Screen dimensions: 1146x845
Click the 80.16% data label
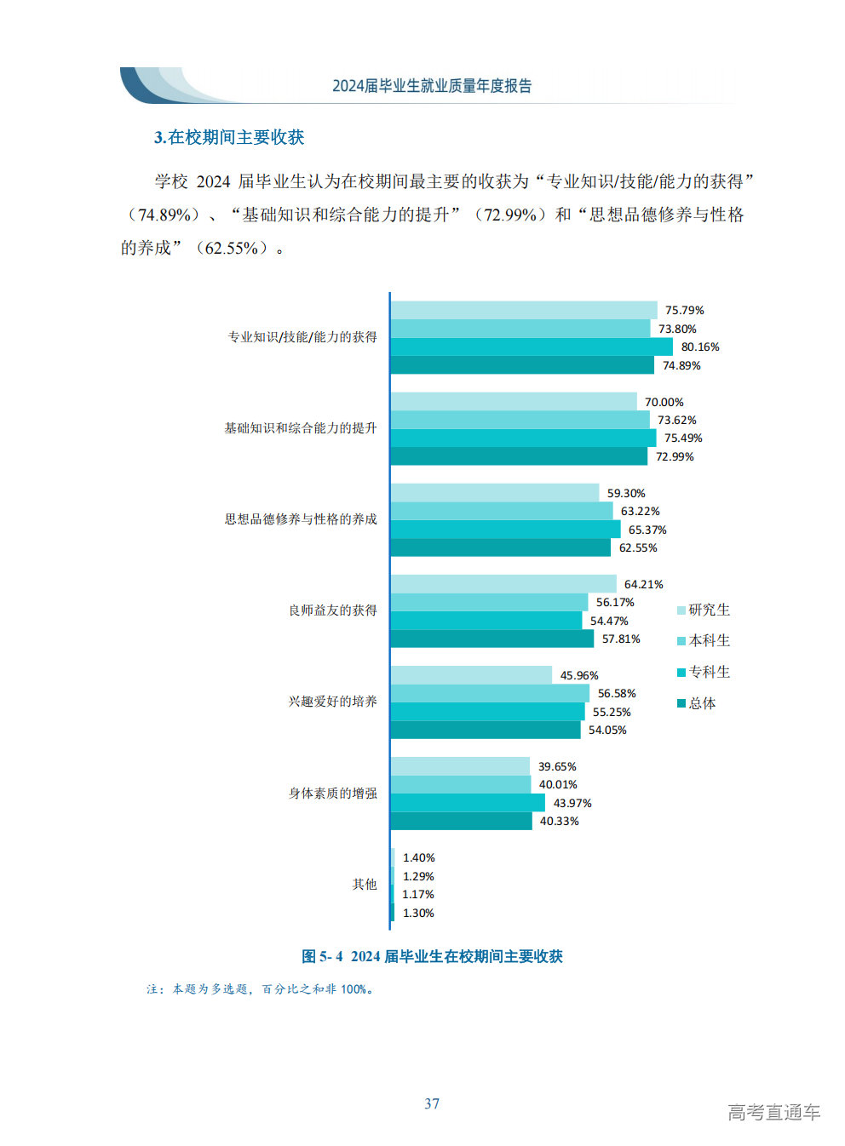tap(699, 347)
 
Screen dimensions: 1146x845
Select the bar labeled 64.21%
tap(503, 584)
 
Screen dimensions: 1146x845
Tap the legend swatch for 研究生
tap(681, 610)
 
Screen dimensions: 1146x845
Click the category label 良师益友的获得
tap(332, 610)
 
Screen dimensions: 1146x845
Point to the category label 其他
tap(365, 885)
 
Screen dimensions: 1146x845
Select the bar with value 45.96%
tap(471, 675)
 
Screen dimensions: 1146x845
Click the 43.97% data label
tap(572, 803)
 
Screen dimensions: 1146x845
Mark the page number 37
tap(432, 1103)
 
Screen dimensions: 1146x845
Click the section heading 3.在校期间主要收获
tap(229, 137)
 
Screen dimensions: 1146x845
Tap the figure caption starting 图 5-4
tap(432, 956)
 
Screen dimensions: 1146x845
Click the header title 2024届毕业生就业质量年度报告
tap(432, 86)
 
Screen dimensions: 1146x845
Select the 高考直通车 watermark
tap(773, 1112)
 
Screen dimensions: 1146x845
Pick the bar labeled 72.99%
tap(519, 456)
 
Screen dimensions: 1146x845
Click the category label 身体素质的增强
tap(332, 794)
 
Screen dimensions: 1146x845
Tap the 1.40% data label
tap(418, 857)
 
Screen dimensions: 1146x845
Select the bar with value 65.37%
tap(505, 530)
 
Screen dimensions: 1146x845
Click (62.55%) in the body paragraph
tap(232, 249)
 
